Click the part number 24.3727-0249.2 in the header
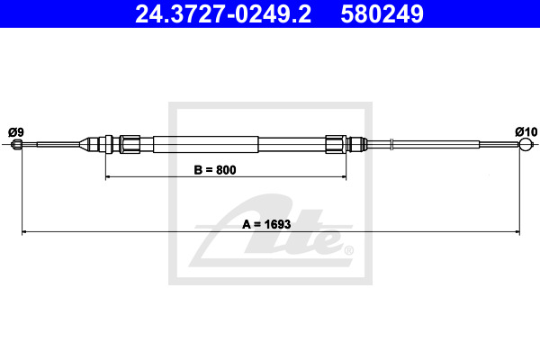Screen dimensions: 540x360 click(223, 14)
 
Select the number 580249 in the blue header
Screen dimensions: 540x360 click(382, 14)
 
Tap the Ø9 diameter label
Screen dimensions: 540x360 click(16, 132)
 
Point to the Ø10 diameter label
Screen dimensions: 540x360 click(526, 131)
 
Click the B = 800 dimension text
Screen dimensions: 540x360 click(215, 170)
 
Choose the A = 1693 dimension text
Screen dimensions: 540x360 click(266, 224)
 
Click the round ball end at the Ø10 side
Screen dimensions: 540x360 click(526, 144)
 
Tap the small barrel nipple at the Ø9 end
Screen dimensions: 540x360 click(16, 144)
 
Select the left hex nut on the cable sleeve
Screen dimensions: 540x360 click(130, 144)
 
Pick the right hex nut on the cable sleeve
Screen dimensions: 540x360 click(336, 144)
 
